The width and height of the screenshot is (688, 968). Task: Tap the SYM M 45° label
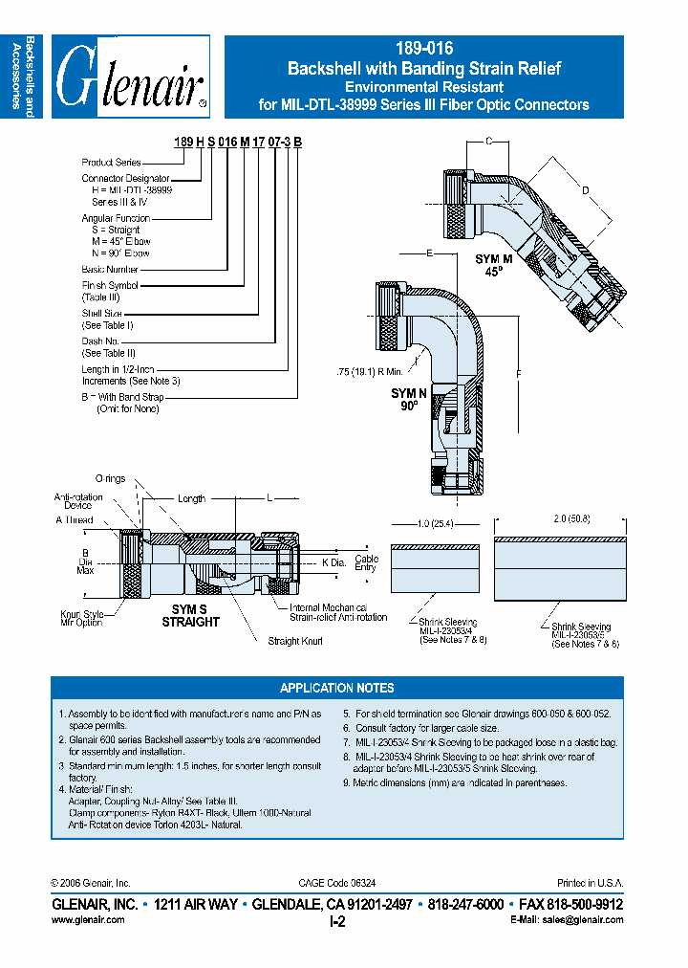pyautogui.click(x=493, y=264)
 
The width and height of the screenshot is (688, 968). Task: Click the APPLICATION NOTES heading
pyautogui.click(x=336, y=688)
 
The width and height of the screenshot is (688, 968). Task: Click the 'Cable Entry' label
pyautogui.click(x=366, y=562)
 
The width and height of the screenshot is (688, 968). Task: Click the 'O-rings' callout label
pyautogui.click(x=110, y=478)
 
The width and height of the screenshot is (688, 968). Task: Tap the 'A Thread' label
pyautogui.click(x=74, y=519)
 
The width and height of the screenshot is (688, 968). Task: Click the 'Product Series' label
pyautogui.click(x=111, y=163)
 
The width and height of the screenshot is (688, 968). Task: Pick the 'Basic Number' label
pyautogui.click(x=110, y=269)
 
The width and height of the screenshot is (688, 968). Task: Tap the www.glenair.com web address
pyautogui.click(x=87, y=919)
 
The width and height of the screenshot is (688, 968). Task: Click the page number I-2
pyautogui.click(x=336, y=921)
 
